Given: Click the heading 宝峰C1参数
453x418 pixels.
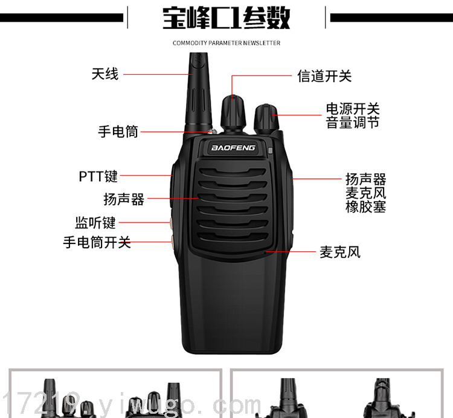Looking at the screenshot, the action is pos(226,18).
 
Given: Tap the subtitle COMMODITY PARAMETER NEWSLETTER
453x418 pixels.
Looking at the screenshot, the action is pos(226,43).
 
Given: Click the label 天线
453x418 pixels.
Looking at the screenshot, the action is pos(105,74).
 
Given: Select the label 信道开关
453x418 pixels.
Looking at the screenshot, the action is pos(324,76).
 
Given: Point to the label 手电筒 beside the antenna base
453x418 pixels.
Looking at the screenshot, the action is pos(118,132).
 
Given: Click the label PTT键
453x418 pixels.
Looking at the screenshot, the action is pos(98,176).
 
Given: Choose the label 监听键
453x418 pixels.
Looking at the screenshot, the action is pos(95,223).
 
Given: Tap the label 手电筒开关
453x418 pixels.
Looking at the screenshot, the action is pos(97,242).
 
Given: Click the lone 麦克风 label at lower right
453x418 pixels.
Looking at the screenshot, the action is pos(340,252).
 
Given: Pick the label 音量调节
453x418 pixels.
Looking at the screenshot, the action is pos(353,123).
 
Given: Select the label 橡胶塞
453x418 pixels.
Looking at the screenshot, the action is pos(366,207).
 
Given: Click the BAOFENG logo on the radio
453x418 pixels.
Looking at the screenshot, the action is pos(233,148).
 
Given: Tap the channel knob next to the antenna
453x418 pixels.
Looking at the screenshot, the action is pos(233,112).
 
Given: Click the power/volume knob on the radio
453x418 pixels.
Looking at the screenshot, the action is pos(266,119).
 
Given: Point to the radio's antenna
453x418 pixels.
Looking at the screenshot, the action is pos(199,92).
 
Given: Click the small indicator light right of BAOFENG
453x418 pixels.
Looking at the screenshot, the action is pos(271,150).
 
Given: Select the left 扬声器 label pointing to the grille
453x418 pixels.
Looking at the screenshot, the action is pos(124,199).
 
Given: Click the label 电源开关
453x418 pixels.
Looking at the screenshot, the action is pos(353,109).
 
